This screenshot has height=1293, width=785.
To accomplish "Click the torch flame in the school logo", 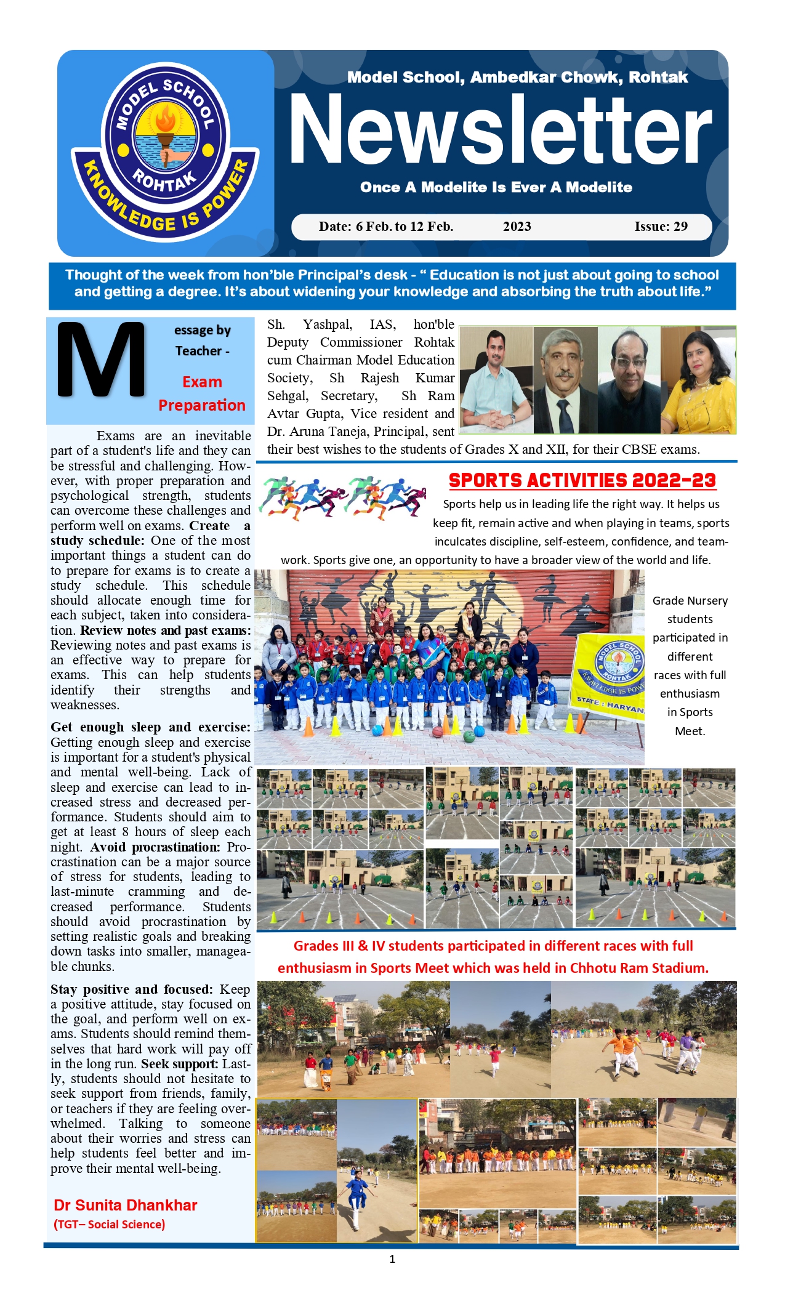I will [x=165, y=117].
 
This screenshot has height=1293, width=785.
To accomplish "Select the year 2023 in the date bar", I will [x=517, y=227].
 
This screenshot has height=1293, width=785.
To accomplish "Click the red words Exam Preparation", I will [x=201, y=393].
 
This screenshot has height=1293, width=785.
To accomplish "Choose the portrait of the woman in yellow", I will [x=699, y=381].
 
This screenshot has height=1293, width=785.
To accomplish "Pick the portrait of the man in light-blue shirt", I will [x=496, y=381].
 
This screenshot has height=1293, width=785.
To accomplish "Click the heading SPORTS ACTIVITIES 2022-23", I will [x=582, y=480].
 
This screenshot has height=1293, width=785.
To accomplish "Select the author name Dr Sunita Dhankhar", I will [x=126, y=1206].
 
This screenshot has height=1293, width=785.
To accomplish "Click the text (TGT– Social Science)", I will [x=110, y=1225].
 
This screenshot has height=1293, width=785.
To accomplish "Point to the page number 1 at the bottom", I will [x=392, y=1259].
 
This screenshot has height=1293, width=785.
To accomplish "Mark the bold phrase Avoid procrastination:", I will [x=155, y=847].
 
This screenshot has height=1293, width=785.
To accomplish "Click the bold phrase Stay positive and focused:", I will [x=131, y=989].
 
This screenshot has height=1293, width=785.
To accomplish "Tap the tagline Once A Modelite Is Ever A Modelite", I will [x=496, y=187].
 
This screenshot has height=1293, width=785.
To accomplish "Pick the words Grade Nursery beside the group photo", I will [x=690, y=600].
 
